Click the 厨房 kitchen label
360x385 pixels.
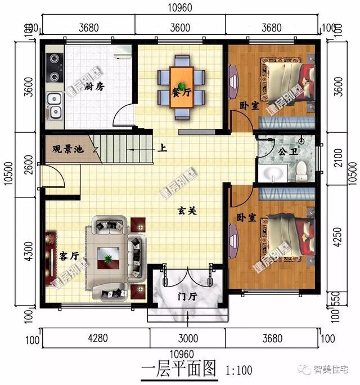tap(97, 87)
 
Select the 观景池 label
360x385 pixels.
tap(65, 150)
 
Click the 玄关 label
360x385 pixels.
tap(186, 211)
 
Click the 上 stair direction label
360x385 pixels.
tap(163, 150)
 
